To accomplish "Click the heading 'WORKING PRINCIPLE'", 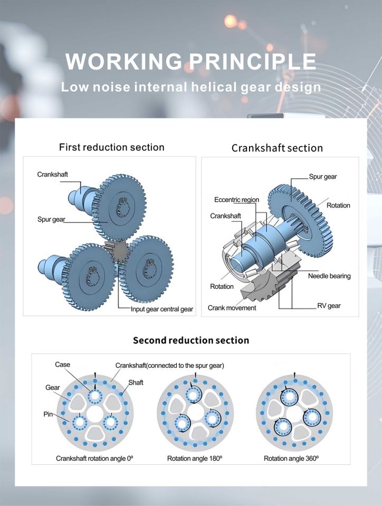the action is click(191, 61).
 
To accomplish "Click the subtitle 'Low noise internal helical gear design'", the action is click(191, 87).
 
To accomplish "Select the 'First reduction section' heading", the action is click(112, 147).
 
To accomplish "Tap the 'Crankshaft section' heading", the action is click(278, 148).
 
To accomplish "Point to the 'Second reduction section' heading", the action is click(191, 340).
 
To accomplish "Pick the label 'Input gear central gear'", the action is click(162, 309).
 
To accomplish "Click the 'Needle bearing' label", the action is click(329, 276).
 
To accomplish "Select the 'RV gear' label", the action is click(329, 306).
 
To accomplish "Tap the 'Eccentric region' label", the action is click(237, 200).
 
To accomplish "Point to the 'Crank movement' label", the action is click(232, 308).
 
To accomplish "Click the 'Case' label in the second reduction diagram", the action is click(62, 364).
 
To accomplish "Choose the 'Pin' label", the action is click(48, 414).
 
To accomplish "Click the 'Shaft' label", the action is click(136, 383).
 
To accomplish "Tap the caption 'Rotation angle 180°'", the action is click(195, 458).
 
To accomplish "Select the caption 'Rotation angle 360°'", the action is click(291, 458).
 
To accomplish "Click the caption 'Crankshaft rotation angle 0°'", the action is click(94, 458).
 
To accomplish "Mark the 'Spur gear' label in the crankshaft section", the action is click(322, 177).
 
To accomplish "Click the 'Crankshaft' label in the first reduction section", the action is click(53, 174).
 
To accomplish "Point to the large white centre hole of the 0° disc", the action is click(95, 413).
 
